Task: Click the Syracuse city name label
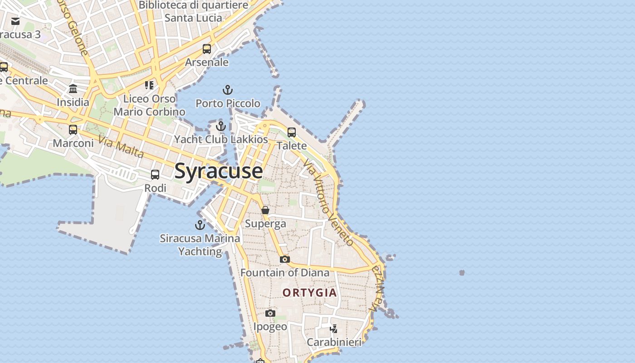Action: point(218,171)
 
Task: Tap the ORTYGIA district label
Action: point(310,293)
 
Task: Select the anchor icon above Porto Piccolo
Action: point(228,90)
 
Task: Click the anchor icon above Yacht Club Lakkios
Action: point(221,126)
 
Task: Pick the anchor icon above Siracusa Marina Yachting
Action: point(200,225)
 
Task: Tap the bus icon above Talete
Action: point(292,132)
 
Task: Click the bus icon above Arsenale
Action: point(207,49)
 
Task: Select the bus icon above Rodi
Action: point(155,175)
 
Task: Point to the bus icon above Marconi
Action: point(73,130)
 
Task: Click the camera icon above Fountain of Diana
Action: point(285,259)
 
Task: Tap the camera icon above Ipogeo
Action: point(270,313)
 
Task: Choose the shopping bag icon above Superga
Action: point(265,210)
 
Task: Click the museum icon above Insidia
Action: point(73,88)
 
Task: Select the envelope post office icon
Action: point(15,21)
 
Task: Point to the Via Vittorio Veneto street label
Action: point(329,202)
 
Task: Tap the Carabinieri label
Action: point(334,342)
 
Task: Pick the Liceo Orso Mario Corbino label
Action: point(149,105)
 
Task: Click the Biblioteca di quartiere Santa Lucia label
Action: point(194,12)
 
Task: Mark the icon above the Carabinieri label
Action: point(334,329)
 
